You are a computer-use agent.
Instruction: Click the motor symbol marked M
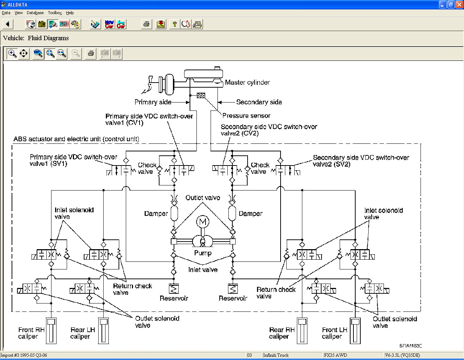(x=202, y=222)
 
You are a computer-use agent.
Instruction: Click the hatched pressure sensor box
(x=201, y=95)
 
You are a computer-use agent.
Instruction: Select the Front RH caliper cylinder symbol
(x=51, y=331)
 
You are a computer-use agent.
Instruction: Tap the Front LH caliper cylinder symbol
(x=355, y=331)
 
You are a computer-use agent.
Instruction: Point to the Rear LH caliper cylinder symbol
(x=104, y=331)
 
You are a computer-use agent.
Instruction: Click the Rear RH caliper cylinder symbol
(x=302, y=331)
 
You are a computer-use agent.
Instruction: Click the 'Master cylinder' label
(x=247, y=82)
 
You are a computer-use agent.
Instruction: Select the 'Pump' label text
(x=203, y=253)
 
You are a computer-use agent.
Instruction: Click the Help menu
(x=70, y=13)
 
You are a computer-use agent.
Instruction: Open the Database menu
(x=35, y=13)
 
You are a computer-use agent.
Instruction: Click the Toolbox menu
(x=55, y=13)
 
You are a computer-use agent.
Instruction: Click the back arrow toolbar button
(x=8, y=24)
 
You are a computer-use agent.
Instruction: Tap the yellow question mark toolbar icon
(x=174, y=24)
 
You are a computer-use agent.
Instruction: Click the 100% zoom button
(x=38, y=53)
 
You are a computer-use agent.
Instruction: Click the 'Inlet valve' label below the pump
(x=203, y=270)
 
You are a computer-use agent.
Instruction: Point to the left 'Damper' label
(x=156, y=213)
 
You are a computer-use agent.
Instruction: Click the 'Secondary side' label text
(x=259, y=102)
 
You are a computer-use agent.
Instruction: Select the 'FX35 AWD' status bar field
(x=335, y=355)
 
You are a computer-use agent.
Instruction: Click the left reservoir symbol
(x=174, y=289)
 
